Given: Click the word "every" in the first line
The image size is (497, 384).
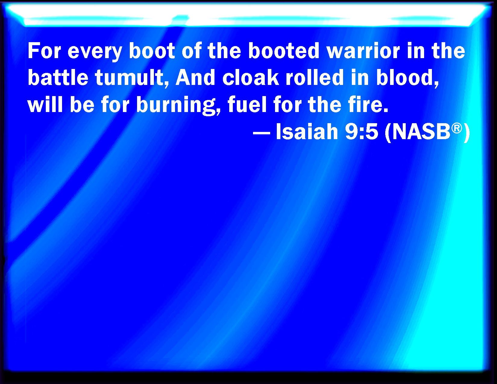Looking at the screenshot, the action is pyautogui.click(x=95, y=52).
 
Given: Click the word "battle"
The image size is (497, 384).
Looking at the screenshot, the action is pyautogui.click(x=58, y=77).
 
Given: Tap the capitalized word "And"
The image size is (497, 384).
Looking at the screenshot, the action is pyautogui.click(x=195, y=77).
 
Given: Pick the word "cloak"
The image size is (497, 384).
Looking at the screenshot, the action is pyautogui.click(x=251, y=77).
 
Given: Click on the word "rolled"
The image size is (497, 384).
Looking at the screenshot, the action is pyautogui.click(x=315, y=77).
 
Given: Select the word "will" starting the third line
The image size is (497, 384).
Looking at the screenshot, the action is pyautogui.click(x=45, y=104).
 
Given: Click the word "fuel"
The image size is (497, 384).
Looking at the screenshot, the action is pyautogui.click(x=247, y=104).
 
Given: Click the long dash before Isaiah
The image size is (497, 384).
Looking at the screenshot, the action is pyautogui.click(x=262, y=133).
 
